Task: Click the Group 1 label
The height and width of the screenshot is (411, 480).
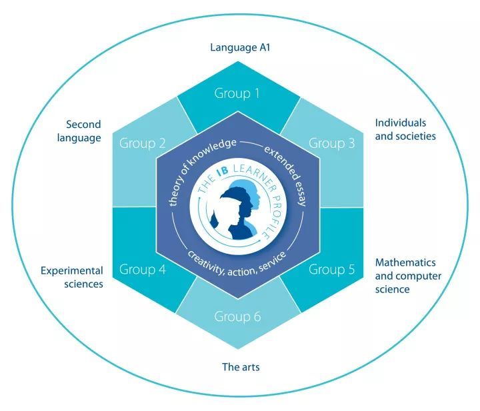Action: coord(237,93)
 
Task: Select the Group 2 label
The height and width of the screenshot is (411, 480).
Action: coord(143,143)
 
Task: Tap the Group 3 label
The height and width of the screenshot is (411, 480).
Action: coord(331,143)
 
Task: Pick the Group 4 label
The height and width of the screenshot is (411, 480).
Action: coord(143,269)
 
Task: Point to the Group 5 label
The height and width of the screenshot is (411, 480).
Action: coord(331,269)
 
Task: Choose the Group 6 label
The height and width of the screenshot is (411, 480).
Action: coord(237,316)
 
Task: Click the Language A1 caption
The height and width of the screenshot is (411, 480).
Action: coord(240,48)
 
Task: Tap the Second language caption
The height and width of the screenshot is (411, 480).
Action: coord(79,131)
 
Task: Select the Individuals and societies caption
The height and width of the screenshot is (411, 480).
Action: coord(405,129)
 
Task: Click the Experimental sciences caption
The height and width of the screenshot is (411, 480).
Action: coord(72,277)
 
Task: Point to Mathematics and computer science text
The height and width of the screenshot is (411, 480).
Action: coord(408,276)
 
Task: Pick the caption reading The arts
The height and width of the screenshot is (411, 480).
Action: coord(241,366)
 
